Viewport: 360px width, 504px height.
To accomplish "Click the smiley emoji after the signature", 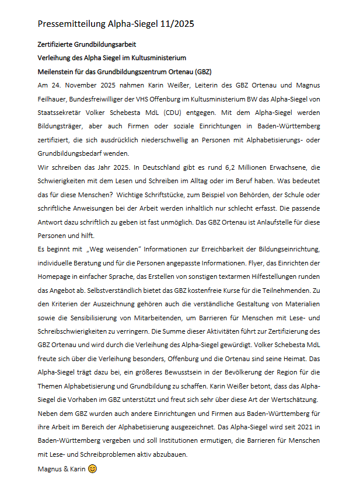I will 92,468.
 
